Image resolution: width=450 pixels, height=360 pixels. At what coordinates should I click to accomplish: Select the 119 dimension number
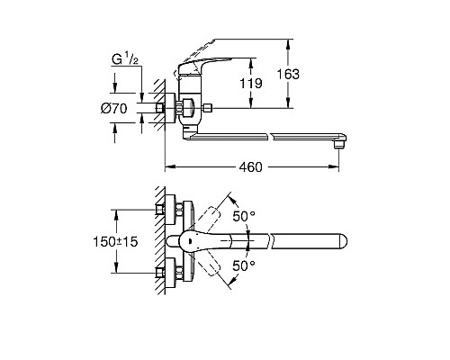pyautogui.click(x=255, y=86)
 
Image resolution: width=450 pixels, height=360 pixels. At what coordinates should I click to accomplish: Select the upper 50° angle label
pyautogui.click(x=245, y=217)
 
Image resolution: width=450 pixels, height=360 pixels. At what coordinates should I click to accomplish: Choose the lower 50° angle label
pyautogui.click(x=245, y=266)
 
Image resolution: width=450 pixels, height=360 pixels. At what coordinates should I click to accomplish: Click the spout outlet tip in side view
pyautogui.click(x=340, y=141)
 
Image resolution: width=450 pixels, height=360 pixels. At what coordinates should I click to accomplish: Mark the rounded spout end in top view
pyautogui.click(x=340, y=240)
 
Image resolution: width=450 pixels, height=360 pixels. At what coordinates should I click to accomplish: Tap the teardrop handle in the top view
pyautogui.click(x=196, y=240)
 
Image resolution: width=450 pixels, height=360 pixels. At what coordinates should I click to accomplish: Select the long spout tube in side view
pyautogui.click(x=270, y=137)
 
